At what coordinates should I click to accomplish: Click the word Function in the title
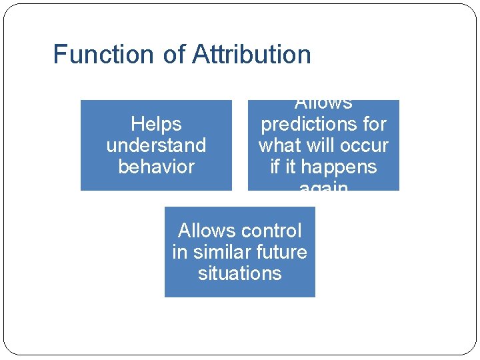coord(103,54)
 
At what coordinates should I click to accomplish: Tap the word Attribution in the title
coord(251,54)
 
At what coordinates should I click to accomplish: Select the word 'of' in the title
coord(173,54)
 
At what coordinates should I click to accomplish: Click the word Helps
coord(156,124)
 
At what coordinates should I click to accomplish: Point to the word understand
coord(156,145)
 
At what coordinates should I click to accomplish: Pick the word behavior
coord(156,167)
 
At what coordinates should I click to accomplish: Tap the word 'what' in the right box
coord(279,145)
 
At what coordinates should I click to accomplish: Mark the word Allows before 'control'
coord(207,231)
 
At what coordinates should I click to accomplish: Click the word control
coord(271,231)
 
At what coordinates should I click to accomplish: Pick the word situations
coord(239,273)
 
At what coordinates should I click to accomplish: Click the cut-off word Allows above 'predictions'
coord(323,104)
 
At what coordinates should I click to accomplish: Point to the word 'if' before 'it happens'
coord(274,167)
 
